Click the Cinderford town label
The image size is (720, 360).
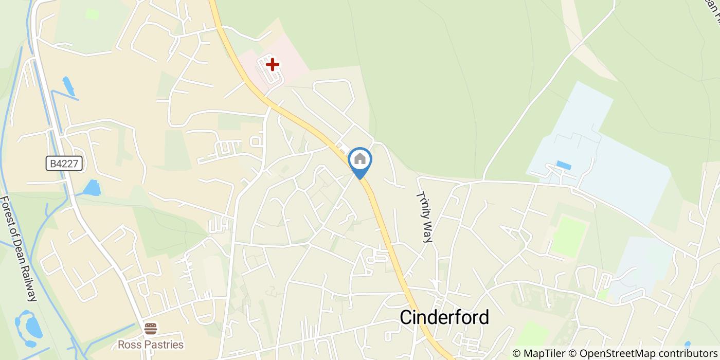coord(444,317)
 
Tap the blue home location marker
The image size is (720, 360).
coord(360,160)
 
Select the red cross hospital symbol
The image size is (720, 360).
coord(272,65)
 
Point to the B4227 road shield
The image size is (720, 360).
coord(64,164)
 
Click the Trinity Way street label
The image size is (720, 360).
coord(425,217)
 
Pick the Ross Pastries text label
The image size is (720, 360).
coord(150,344)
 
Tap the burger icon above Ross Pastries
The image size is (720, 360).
coord(150,328)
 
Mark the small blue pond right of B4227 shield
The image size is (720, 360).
coord(92,188)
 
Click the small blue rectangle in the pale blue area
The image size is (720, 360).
coord(564,166)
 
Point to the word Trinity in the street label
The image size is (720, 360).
coord(423,206)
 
